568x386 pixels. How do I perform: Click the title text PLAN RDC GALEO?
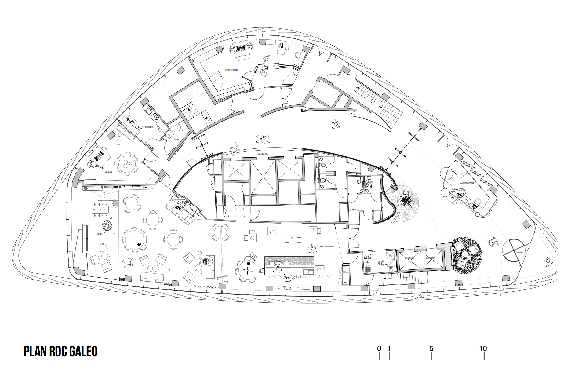click(x=60, y=351)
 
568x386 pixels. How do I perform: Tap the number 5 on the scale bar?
click(x=431, y=348)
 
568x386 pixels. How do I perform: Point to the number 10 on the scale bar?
click(x=483, y=348)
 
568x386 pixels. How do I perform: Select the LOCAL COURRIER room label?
click(x=231, y=70)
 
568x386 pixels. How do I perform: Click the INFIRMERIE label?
click(x=149, y=127)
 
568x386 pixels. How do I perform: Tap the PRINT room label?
click(x=177, y=140)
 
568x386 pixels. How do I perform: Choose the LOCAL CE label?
click(x=108, y=172)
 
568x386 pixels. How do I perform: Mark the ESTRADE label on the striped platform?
click(x=99, y=234)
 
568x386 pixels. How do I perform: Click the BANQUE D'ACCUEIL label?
click(x=467, y=183)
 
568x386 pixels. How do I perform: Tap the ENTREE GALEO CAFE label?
click(x=326, y=246)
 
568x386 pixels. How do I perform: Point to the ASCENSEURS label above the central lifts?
click(x=262, y=154)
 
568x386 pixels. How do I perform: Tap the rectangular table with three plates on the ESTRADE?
click(x=100, y=209)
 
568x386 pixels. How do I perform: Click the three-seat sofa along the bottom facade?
click(x=152, y=277)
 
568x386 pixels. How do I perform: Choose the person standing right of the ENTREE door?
click(x=548, y=262)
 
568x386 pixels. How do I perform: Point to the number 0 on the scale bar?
click(x=379, y=348)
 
